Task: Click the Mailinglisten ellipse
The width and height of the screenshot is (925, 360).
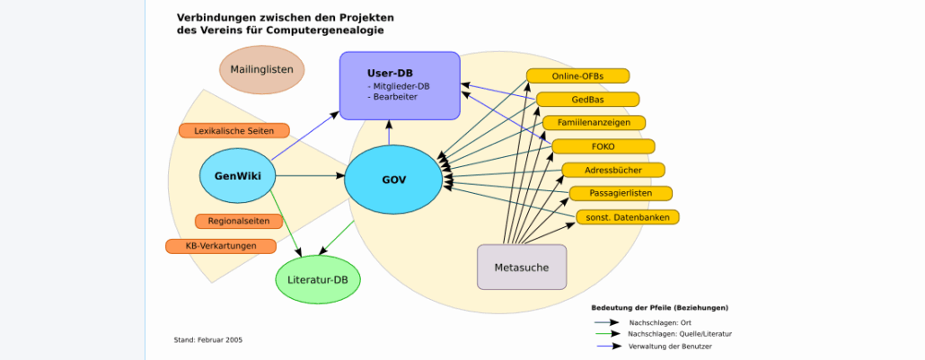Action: [x=262, y=70]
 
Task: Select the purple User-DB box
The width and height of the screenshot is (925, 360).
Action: [x=400, y=85]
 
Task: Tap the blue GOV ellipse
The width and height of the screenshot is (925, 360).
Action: [x=394, y=180]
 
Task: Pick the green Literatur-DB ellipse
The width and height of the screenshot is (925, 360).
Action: [x=317, y=280]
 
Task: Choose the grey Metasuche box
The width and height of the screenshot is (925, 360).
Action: [x=521, y=268]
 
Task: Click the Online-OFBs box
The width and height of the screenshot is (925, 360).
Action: [x=577, y=75]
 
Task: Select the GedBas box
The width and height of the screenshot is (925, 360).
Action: [x=587, y=99]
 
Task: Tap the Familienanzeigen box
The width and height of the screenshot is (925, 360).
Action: [x=594, y=122]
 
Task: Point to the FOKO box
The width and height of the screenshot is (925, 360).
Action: [x=603, y=146]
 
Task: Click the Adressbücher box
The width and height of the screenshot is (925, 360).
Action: [x=613, y=170]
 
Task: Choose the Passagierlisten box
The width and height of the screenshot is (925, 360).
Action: [x=621, y=193]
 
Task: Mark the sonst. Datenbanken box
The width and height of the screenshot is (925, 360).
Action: [x=628, y=217]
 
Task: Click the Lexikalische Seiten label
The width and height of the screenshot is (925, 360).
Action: [x=234, y=131]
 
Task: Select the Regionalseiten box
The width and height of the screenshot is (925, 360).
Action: [x=239, y=221]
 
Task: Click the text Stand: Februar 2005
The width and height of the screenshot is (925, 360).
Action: [x=207, y=340]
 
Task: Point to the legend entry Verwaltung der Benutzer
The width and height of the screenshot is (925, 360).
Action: [x=670, y=346]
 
